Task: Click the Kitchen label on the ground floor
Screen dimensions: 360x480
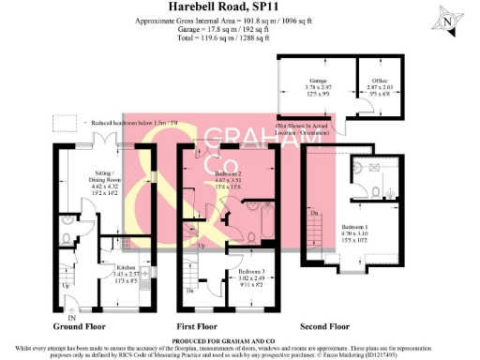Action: (x=112, y=270)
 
